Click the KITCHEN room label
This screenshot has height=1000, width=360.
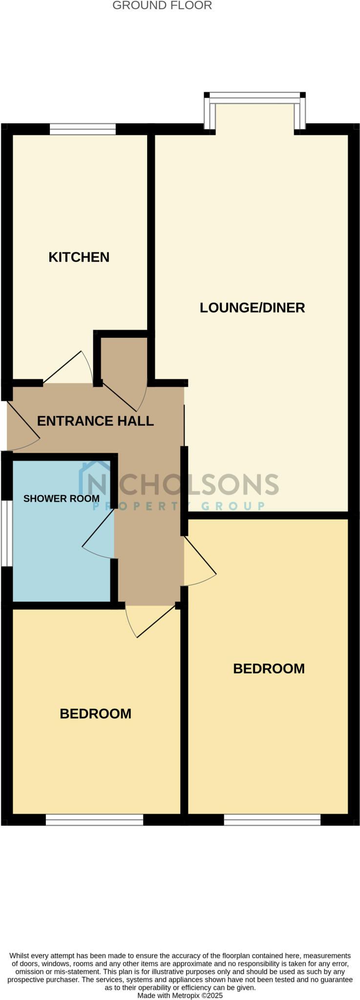coord(79,257)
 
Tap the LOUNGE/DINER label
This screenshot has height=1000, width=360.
coord(252,308)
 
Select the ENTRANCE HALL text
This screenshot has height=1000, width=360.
coord(95,421)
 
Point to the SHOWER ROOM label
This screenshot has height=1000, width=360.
coord(61,499)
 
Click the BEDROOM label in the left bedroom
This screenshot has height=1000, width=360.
coord(95,714)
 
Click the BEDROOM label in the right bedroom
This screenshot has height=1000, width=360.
coord(269,668)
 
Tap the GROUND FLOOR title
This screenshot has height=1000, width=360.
coord(162,6)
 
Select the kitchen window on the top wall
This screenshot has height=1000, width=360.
coord(83,129)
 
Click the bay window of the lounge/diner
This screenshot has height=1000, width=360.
coord(254,98)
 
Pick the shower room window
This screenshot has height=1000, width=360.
coord(6,533)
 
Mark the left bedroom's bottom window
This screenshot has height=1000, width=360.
coord(94,820)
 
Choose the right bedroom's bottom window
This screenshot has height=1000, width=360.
coord(272,820)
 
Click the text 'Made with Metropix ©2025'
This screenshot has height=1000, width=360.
coord(180,995)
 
